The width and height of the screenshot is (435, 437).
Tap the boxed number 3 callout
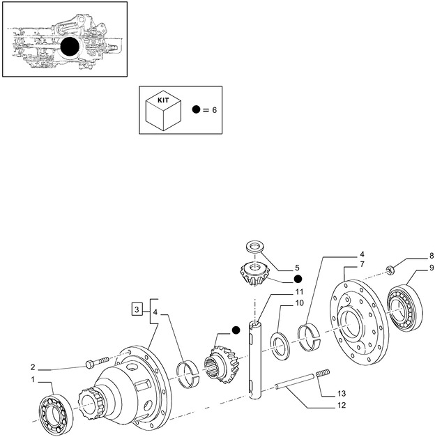138,308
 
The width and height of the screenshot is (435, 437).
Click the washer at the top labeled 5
254,247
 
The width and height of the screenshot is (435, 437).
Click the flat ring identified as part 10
282,346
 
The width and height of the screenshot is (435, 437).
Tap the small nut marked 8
391,270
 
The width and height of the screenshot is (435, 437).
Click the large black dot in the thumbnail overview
70,47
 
